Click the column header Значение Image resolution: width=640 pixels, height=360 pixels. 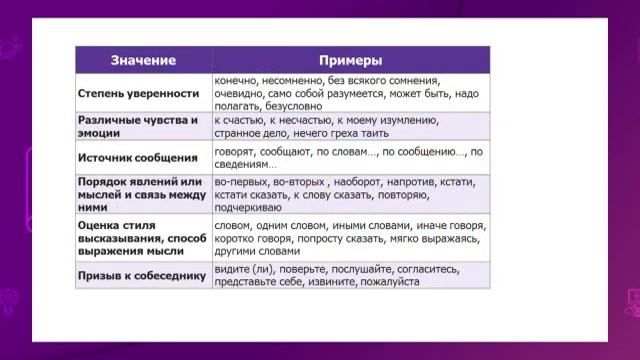[142, 60]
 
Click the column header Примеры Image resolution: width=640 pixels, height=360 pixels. [350, 60]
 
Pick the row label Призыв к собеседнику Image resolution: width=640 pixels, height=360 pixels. [141, 275]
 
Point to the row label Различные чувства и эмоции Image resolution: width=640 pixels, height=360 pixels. [137, 126]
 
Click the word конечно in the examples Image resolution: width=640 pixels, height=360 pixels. [236, 79]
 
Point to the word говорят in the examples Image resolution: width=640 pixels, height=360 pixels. [236, 151]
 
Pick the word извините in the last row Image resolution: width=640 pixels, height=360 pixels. [335, 282]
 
